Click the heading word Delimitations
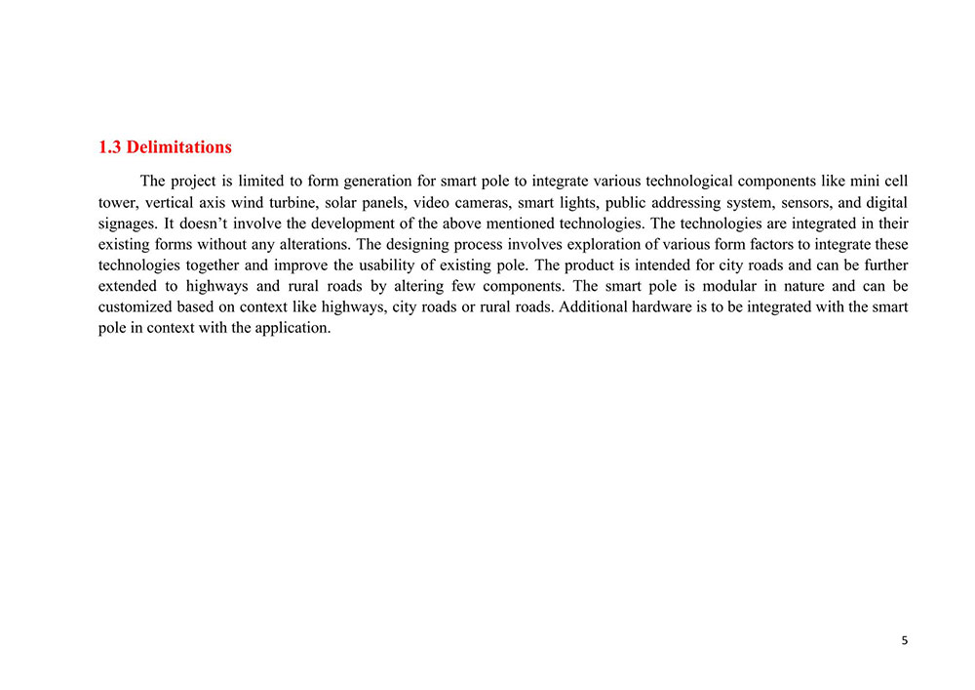(179, 147)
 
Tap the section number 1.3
(110, 147)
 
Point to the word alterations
(312, 245)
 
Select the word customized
(136, 307)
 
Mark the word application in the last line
(293, 328)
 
